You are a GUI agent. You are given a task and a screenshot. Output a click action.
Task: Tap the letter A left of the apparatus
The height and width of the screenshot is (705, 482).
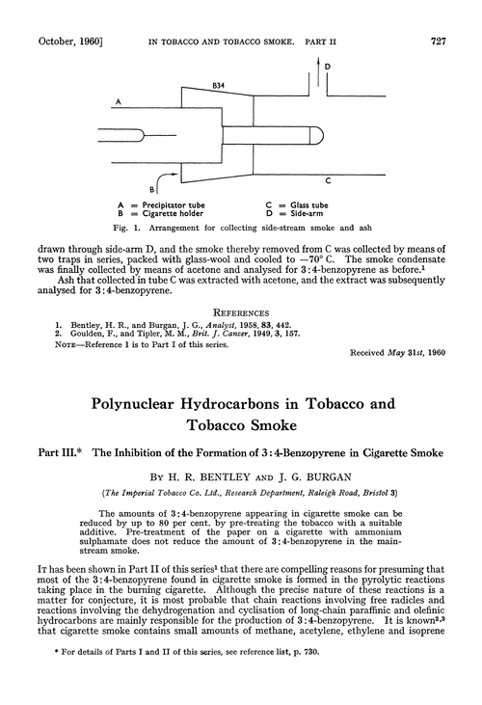(116, 101)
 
